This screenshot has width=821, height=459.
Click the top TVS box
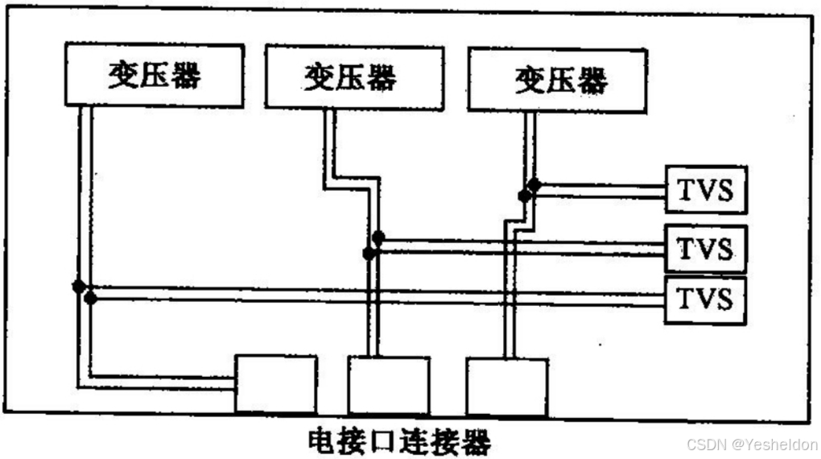point(705,190)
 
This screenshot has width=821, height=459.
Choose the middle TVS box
point(705,247)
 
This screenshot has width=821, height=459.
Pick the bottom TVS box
point(705,299)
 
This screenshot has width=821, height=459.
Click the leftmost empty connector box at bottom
point(275,385)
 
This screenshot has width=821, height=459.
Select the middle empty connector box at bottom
point(388,385)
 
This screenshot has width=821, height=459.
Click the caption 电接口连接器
point(399,442)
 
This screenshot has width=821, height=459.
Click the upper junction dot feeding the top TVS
point(534,184)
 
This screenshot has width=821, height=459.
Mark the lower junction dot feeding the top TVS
point(524,196)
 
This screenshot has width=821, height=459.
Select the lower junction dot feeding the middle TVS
point(369,254)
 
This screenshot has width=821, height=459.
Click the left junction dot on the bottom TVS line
point(79,287)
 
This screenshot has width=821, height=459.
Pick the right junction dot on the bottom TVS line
point(90,299)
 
